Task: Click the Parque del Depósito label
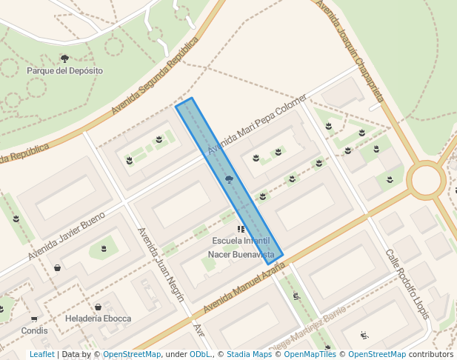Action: (x=64, y=70)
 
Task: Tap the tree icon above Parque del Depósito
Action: (x=64, y=58)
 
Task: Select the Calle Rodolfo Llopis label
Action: (x=407, y=284)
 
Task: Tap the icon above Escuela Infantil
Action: (x=241, y=230)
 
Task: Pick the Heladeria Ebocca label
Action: (x=99, y=319)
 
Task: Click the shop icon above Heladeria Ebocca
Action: (x=98, y=307)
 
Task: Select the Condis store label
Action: (x=34, y=330)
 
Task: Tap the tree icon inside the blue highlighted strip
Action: (x=229, y=179)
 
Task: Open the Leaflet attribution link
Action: (x=41, y=354)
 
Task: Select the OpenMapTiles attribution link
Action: (x=310, y=354)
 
